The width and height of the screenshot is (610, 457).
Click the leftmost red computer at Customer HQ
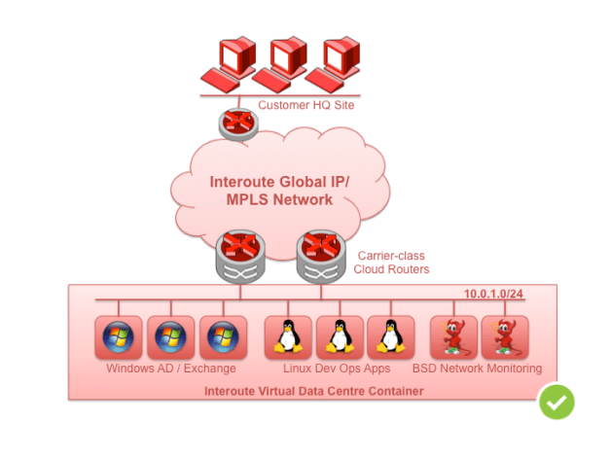coord(227,64)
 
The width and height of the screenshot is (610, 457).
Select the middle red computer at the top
coord(279,64)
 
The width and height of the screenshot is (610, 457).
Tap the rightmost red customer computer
coord(333,64)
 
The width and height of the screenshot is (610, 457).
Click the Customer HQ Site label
coord(305,105)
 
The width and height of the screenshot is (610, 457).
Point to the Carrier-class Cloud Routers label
coord(388,261)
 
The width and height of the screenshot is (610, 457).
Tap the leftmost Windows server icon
coord(118,338)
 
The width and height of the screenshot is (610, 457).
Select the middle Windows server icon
coord(170,338)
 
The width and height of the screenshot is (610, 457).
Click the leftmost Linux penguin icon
coord(288,338)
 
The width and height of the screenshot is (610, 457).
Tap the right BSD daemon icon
coord(505,338)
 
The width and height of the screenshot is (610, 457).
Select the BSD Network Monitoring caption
coord(477,369)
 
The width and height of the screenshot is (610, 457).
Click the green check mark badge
coord(557,401)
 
